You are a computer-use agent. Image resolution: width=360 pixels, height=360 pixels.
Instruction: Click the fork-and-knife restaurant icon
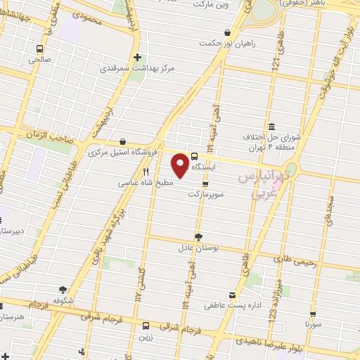pos(146,171)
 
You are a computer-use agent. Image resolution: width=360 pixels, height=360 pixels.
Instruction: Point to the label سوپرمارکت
pos(205,193)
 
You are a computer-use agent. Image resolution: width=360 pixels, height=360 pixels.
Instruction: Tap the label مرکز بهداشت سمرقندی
pos(137,69)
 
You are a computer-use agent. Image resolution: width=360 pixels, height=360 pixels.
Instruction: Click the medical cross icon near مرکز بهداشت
pos(137,58)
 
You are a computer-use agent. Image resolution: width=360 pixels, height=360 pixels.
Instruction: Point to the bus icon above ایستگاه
pos(194,157)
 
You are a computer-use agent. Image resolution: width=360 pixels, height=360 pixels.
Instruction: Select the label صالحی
pos(39,60)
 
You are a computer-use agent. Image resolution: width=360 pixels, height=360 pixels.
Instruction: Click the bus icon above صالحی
pos(39,49)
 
